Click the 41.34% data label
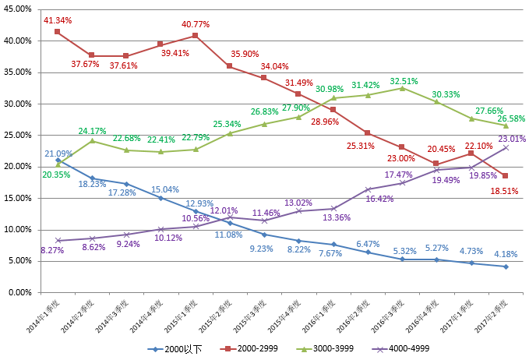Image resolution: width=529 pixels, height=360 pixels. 58,19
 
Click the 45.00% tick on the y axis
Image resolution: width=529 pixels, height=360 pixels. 18,9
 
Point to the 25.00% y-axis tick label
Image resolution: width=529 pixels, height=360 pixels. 18,135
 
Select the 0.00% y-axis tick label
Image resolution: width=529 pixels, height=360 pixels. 19,292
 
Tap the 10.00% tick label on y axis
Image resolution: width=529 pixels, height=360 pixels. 18,229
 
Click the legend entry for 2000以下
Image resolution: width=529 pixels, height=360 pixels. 180,348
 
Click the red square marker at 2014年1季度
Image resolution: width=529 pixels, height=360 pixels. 58,31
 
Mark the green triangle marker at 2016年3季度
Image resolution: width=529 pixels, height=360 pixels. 401,88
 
